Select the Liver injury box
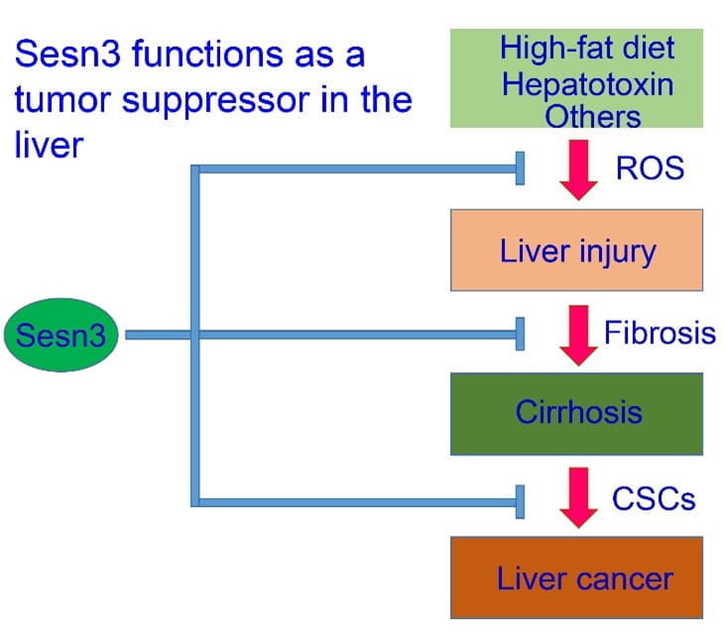click(576, 250)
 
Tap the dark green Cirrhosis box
click(576, 413)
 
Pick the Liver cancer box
click(576, 577)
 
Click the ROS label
click(650, 169)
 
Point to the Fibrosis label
click(660, 331)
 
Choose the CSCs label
click(654, 497)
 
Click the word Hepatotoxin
click(587, 83)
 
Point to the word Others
click(593, 116)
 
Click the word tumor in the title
click(55, 101)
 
